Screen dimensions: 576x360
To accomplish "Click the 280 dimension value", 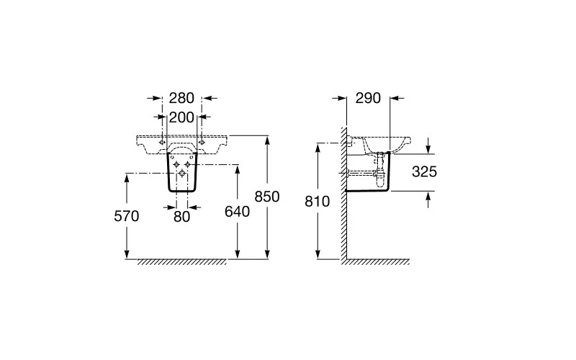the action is click(181, 98).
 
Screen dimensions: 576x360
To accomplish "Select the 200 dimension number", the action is click(181, 117).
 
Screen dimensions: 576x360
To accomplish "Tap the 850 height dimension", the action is click(267, 197).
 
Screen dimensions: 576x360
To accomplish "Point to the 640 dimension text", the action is click(238, 212).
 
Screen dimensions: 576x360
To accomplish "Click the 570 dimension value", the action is click(127, 217).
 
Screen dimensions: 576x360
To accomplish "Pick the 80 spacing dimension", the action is click(182, 217).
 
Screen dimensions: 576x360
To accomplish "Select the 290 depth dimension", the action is click(368, 98).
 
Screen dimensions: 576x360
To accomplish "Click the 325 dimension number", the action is click(424, 171).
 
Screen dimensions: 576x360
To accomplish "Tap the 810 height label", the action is click(318, 202).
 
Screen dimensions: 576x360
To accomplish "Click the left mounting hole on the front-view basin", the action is click(161, 142).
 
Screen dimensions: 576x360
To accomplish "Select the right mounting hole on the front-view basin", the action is click(202, 142).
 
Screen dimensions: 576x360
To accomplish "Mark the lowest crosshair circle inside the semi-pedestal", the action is click(182, 173).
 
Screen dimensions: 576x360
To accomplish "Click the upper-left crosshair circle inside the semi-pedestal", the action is click(176, 164).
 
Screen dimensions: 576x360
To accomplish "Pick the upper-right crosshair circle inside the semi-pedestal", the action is click(188, 164).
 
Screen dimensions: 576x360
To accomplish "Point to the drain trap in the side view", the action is click(381, 170).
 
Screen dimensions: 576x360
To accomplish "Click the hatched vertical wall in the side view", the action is click(343, 195).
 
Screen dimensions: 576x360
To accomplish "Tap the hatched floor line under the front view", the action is click(182, 261).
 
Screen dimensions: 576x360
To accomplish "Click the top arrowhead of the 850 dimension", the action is click(267, 140).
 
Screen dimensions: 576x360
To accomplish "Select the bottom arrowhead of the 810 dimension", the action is click(318, 255).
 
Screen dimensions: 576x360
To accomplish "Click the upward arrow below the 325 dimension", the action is click(428, 199).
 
